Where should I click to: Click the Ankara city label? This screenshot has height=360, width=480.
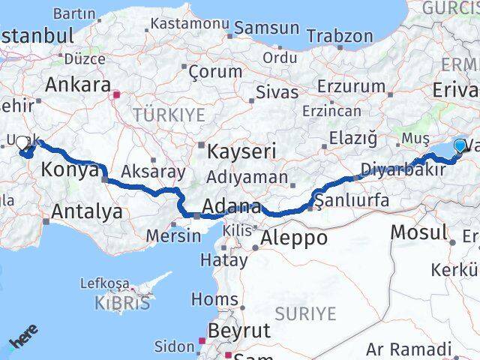tap(78, 84)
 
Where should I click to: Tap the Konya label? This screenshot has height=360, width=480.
tap(69, 169)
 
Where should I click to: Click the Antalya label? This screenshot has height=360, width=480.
tap(86, 211)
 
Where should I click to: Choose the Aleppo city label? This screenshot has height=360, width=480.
tap(293, 238)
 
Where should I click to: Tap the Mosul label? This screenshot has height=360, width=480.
tap(418, 232)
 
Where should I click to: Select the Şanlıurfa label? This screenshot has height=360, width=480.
tap(352, 200)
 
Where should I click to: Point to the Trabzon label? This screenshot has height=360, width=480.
tap(340, 35)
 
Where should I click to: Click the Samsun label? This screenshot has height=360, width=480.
tap(266, 28)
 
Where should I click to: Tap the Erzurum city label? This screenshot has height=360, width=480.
tap(351, 86)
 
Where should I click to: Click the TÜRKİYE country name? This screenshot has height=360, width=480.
tap(169, 115)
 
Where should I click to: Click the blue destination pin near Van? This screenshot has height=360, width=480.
tap(460, 144)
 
